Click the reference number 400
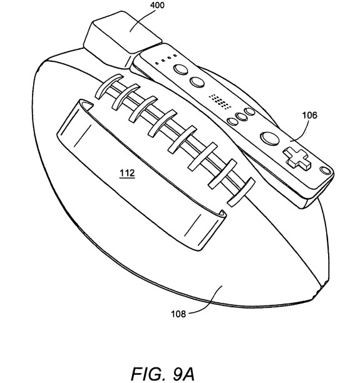click(157, 5)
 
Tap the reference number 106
click(310, 115)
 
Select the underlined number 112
click(127, 173)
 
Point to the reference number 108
click(178, 314)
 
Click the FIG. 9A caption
click(163, 374)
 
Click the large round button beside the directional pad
click(270, 138)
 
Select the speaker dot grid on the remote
click(220, 101)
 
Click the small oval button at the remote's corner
click(326, 170)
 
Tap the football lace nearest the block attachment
click(109, 86)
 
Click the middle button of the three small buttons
click(242, 116)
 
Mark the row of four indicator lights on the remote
click(166, 59)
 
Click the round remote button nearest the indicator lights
click(181, 69)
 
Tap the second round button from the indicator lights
click(197, 82)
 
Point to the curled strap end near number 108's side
click(221, 214)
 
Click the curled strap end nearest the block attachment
click(86, 105)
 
